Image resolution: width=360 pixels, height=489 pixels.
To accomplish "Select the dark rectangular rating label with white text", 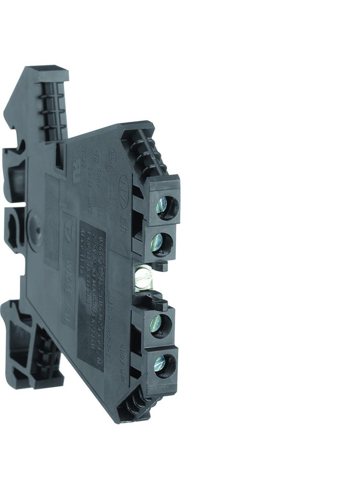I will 92,294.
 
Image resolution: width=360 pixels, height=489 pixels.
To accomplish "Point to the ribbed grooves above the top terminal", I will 146,154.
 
